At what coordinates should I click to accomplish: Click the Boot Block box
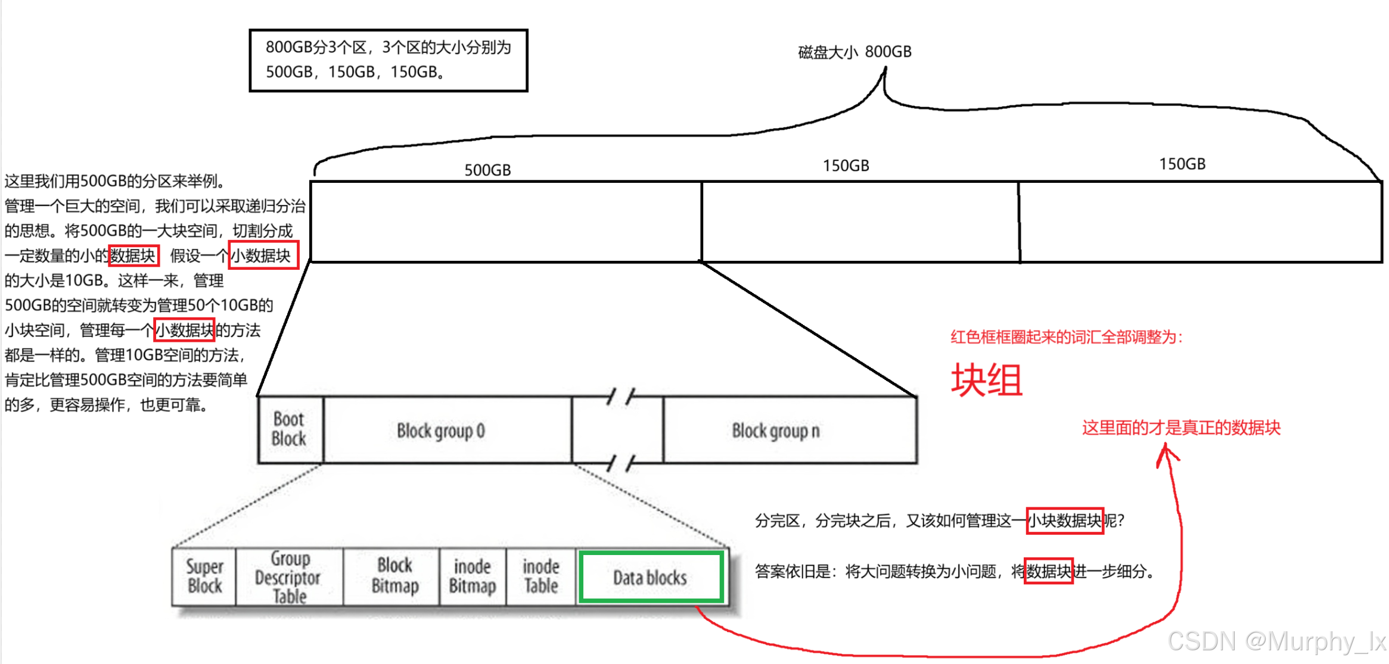[290, 429]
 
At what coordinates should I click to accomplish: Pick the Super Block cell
[204, 576]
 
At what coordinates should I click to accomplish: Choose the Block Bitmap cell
[394, 576]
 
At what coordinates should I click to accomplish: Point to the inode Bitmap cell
[473, 576]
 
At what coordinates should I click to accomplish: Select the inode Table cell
[541, 576]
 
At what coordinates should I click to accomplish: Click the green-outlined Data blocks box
[651, 577]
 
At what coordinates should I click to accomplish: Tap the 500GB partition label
[487, 170]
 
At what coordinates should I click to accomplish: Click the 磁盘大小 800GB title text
[854, 52]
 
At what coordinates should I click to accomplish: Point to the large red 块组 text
[987, 381]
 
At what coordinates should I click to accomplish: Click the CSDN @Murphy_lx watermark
[1276, 641]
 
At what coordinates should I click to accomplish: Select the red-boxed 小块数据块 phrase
[1065, 521]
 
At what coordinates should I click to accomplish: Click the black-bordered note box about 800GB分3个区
[389, 60]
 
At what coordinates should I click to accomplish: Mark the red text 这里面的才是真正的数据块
[1181, 428]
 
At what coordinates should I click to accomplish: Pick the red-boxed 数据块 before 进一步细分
[1049, 572]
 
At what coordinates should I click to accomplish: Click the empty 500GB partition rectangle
[506, 222]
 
